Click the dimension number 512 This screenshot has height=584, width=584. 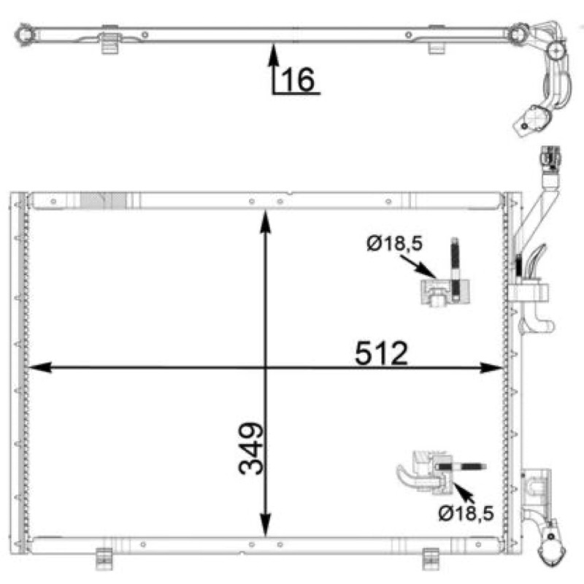(x=381, y=353)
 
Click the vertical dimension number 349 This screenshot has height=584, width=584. (x=251, y=448)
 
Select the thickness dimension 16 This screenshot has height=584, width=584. (x=298, y=79)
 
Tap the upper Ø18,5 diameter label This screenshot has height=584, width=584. (x=394, y=244)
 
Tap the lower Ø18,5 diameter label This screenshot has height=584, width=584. (x=466, y=513)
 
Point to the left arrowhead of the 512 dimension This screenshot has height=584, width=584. (x=39, y=367)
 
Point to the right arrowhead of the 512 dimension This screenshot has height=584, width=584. (x=491, y=368)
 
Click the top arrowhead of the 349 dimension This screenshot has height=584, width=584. (x=265, y=222)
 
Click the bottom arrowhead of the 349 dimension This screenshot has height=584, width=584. (x=265, y=525)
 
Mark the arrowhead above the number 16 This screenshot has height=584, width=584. (x=274, y=55)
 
